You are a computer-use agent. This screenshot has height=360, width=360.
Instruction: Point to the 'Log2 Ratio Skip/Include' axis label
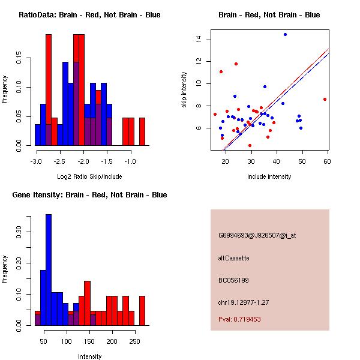coord(89,176)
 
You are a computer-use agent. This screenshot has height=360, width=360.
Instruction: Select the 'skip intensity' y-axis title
coord(184,90)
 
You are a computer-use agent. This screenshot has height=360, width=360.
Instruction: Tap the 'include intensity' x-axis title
coord(269,176)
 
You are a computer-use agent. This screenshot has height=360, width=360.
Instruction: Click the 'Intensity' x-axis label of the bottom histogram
coord(89,356)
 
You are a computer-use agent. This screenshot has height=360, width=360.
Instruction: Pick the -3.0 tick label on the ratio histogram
coord(35,162)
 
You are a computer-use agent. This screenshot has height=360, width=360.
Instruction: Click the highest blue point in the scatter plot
coord(285,34)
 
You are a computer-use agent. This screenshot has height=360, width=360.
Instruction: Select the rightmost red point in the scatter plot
coord(325,99)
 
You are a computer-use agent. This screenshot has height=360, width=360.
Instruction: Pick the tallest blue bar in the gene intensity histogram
coord(49,270)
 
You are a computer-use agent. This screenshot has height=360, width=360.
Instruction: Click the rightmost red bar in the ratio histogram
coord(142,131)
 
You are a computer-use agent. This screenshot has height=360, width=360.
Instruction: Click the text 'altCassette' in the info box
coord(233,258)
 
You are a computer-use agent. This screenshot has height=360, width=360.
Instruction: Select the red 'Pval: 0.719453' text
coord(239,319)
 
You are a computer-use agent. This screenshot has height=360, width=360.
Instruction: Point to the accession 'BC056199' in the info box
coord(233,280)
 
